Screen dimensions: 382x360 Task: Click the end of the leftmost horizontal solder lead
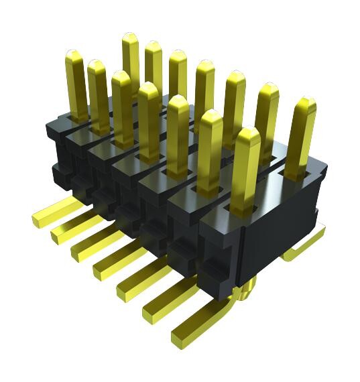tap(40, 215)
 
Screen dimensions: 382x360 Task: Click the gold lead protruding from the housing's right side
tap(302, 245)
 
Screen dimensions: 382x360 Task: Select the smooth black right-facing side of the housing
tap(282, 228)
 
